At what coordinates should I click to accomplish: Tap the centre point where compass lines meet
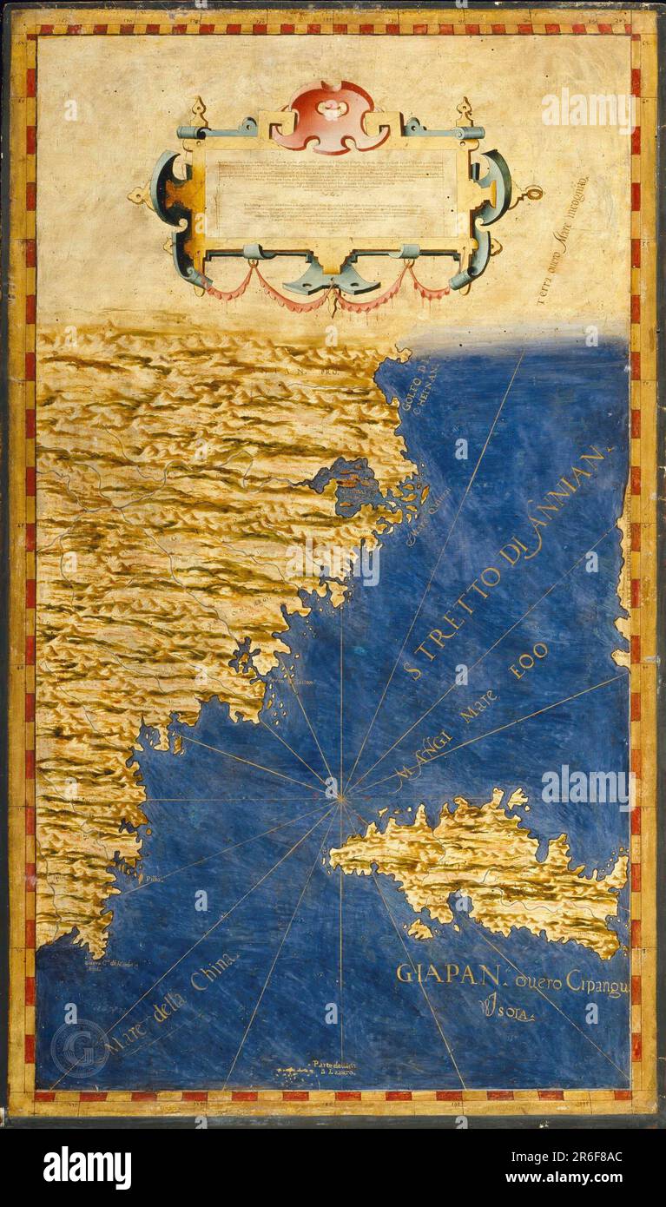pyautogui.click(x=341, y=792)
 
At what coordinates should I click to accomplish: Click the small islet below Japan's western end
pyautogui.click(x=420, y=929)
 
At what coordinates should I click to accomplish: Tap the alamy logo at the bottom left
pyautogui.click(x=87, y=1167)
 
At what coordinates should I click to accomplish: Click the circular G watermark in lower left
pyautogui.click(x=78, y=1047)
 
